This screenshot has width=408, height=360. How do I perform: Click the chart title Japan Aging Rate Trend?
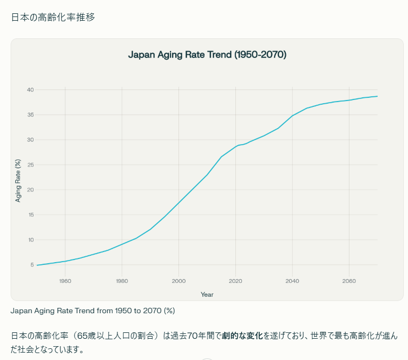point(207,54)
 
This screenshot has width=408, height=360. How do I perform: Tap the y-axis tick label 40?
point(30,90)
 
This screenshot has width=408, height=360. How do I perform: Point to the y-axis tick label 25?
point(30,165)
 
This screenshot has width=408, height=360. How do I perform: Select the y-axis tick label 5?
point(32,265)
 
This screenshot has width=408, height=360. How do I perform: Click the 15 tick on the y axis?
point(30,215)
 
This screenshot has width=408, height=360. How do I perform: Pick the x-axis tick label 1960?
point(65,281)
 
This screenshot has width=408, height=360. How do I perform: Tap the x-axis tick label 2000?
point(178,281)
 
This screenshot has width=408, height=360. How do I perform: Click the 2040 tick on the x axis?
point(292,281)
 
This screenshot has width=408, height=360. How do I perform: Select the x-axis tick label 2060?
point(349,281)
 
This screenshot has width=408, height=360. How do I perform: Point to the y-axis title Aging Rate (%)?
point(18,181)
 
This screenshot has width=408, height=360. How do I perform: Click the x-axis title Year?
point(207,294)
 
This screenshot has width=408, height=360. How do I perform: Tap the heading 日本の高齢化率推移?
point(53,17)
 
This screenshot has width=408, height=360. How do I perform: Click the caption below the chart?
point(93,310)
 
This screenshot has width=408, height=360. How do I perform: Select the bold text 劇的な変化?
point(242,336)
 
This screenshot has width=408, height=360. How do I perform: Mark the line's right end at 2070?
point(377,96)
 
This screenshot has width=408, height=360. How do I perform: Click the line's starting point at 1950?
point(37,265)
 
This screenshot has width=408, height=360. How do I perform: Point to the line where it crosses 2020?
point(235,146)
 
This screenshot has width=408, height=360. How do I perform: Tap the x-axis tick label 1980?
point(122,281)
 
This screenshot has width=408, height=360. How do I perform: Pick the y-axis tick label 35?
point(30,115)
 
